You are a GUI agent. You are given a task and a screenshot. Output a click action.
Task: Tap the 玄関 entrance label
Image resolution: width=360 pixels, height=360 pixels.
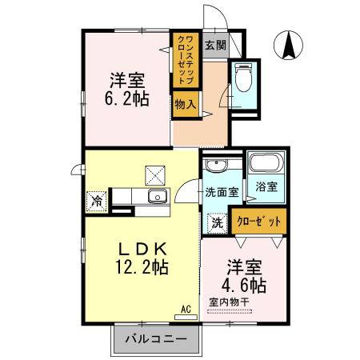213,45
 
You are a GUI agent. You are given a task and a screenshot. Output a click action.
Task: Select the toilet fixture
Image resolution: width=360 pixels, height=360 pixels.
243,79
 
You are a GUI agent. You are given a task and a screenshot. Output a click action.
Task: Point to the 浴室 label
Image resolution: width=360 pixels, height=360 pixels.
266,187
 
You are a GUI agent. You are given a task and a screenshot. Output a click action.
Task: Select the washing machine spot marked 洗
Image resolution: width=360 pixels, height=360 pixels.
217,221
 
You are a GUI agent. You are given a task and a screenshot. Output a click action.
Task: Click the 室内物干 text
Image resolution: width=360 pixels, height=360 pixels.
230,302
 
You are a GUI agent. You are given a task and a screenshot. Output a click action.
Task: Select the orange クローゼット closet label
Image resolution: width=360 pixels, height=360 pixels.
260,221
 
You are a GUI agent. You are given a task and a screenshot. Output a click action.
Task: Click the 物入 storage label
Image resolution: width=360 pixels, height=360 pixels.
184,102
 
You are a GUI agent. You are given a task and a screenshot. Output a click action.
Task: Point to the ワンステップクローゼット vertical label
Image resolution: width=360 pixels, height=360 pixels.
183,58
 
